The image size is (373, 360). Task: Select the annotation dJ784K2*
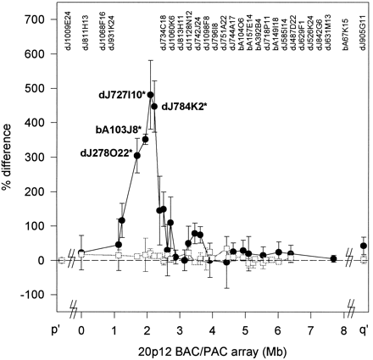click(184, 106)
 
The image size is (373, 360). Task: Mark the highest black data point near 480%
click(151, 95)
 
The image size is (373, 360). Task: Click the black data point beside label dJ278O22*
click(137, 156)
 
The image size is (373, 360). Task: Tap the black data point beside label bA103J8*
click(145, 139)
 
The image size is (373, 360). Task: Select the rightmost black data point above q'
click(364, 246)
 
